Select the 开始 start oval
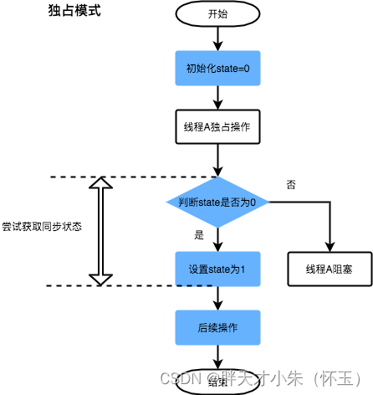click(217, 14)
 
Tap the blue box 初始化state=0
click(217, 67)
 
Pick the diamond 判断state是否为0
click(217, 202)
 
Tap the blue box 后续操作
click(217, 326)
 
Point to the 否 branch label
click(290, 184)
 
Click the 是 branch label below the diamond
click(199, 235)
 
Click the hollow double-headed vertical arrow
click(100, 231)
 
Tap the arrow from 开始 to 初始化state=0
click(217, 38)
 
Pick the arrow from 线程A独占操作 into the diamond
click(217, 161)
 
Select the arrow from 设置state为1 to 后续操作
click(217, 298)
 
